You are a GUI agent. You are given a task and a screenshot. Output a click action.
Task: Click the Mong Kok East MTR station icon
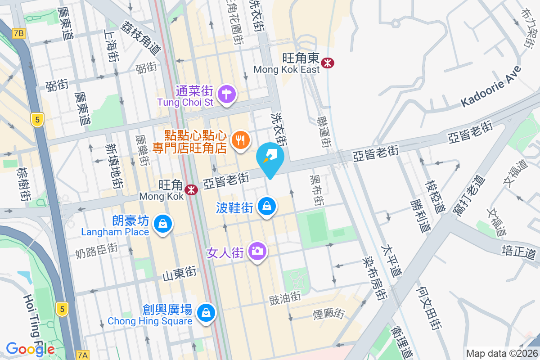click(x=328, y=63)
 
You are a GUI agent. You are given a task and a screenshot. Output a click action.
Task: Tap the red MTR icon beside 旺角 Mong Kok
click(x=192, y=190)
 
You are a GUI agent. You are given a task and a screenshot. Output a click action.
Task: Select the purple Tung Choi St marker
click(x=226, y=95)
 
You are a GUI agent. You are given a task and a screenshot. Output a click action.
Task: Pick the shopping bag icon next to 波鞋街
click(x=267, y=207)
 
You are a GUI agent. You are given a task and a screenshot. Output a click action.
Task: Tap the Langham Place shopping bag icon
click(x=162, y=224)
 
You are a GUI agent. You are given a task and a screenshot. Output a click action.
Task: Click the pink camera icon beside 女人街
click(x=257, y=251)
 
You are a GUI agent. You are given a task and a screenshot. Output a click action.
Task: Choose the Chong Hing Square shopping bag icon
click(x=206, y=312)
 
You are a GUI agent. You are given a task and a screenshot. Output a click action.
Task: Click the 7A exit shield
click(x=82, y=355)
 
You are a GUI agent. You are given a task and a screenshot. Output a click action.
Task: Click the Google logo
click(x=30, y=349)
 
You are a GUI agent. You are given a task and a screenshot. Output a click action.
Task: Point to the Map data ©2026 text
click(x=502, y=353)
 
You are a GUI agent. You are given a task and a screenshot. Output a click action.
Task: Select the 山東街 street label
click(x=179, y=273)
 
